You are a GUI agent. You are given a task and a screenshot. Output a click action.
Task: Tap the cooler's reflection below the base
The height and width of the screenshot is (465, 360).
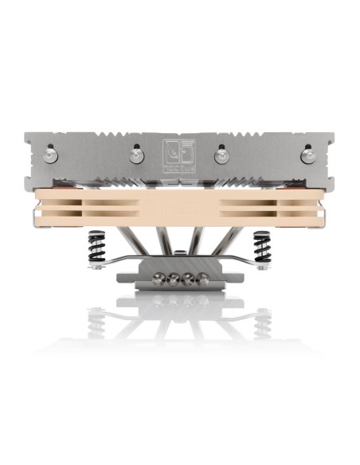point(180,315)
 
